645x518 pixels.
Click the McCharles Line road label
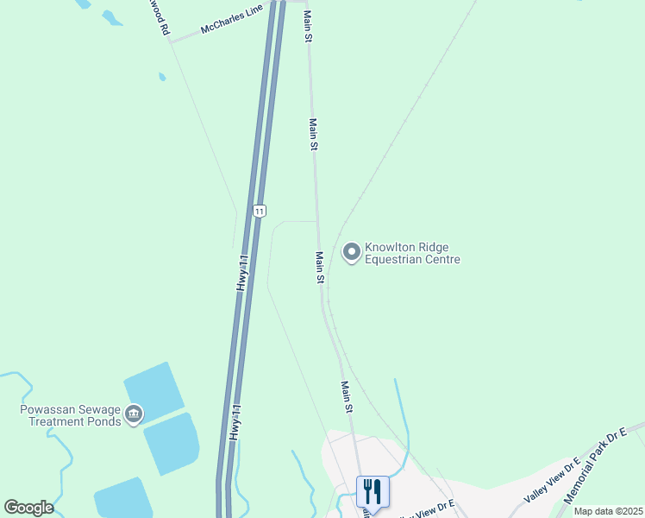[231, 23]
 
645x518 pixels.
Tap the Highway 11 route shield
[260, 211]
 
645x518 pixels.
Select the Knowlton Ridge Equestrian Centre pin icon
[352, 252]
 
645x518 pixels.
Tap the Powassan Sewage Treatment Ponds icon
[134, 415]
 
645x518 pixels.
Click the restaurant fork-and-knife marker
[373, 491]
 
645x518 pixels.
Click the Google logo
[28, 508]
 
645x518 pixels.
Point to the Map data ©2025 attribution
[608, 511]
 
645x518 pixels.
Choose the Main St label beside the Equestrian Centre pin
[319, 268]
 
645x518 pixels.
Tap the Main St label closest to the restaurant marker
[347, 396]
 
